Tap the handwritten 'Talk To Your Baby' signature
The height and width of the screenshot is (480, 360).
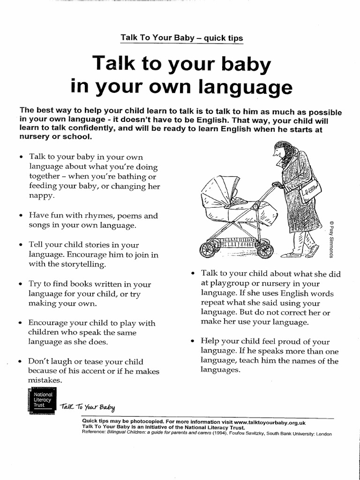87,406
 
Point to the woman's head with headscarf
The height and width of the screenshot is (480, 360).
284,151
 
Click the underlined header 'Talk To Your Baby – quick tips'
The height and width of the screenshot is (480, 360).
182,38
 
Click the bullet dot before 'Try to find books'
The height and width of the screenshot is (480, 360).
21,285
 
